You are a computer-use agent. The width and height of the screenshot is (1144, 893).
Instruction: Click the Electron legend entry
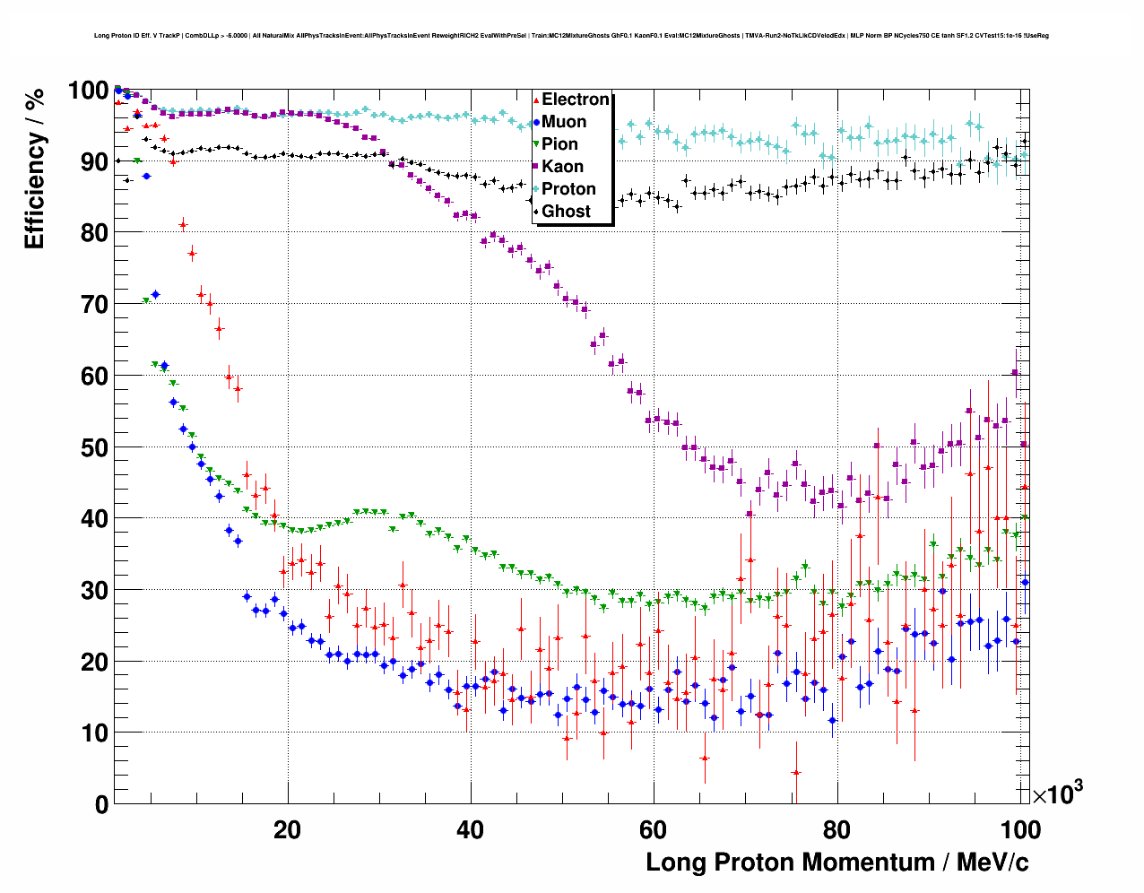click(575, 100)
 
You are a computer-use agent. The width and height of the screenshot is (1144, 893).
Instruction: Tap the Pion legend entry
click(559, 144)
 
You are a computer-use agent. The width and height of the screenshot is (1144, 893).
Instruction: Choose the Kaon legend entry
click(562, 167)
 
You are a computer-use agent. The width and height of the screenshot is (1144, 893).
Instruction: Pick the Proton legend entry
click(568, 189)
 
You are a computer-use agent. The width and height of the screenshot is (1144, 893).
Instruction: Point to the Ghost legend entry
click(566, 212)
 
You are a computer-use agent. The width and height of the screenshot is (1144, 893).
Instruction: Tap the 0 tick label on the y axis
click(101, 805)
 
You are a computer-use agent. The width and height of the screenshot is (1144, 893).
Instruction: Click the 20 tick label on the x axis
click(288, 829)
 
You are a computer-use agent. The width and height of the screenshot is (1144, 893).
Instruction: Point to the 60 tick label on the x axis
click(654, 829)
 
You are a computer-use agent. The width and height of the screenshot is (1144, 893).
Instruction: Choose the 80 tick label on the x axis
click(836, 829)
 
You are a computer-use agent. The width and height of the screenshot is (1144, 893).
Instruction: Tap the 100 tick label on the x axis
click(1019, 829)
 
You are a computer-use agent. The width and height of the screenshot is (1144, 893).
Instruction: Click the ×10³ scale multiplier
click(1057, 793)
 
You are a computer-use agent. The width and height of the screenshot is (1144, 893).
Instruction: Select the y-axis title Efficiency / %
click(34, 169)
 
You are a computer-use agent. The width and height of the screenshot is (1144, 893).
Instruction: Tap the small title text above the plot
click(571, 36)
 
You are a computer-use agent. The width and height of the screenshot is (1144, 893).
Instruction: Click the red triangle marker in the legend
click(536, 100)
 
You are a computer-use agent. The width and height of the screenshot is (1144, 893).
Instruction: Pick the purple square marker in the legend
click(536, 167)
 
